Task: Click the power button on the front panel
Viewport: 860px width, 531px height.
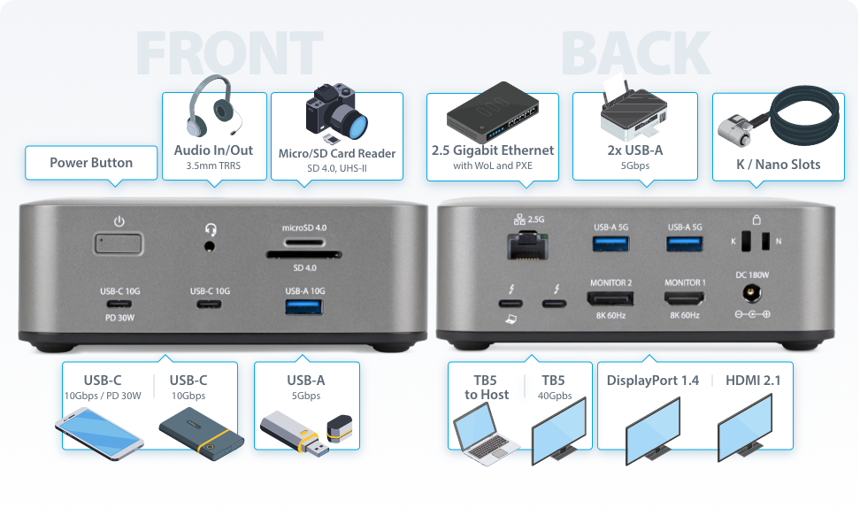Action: click(119, 244)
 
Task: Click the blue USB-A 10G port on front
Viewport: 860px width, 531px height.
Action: click(305, 307)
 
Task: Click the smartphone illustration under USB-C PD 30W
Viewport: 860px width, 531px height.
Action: click(98, 431)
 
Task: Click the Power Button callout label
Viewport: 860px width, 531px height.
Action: click(91, 163)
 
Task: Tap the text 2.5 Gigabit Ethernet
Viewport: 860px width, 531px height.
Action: click(492, 150)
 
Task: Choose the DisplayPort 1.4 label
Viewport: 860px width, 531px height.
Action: click(653, 381)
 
